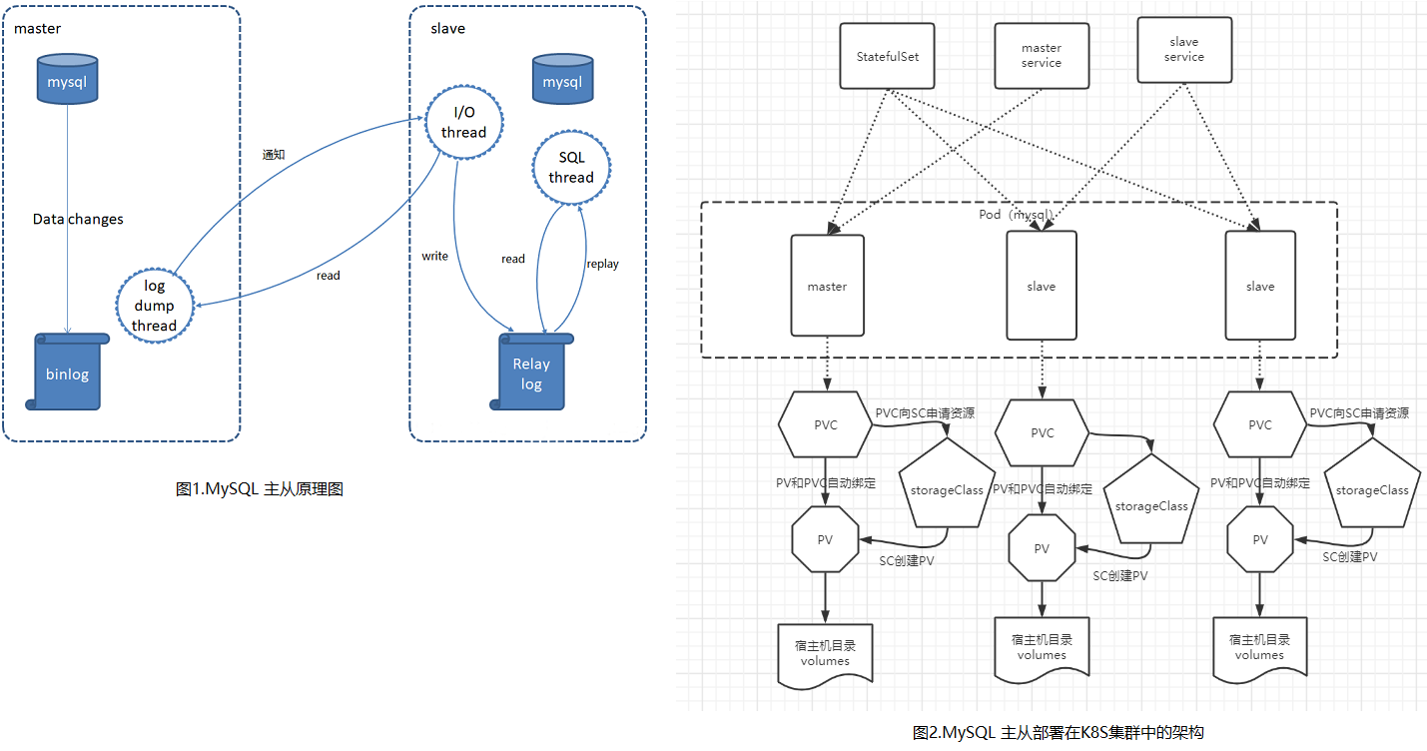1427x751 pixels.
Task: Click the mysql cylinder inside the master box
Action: point(67,79)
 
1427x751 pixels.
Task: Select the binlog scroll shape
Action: point(67,373)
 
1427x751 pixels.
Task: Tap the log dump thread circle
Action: point(154,306)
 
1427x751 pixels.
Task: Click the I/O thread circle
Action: point(463,123)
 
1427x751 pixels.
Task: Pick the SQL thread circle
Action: point(570,168)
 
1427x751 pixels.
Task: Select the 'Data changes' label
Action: point(78,219)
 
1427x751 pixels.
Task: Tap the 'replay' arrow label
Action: point(603,264)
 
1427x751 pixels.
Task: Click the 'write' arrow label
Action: point(434,257)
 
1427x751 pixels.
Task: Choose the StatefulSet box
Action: point(887,56)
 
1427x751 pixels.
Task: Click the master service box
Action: point(1042,56)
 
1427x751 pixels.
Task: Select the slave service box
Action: point(1184,50)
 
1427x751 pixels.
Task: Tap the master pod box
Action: point(827,286)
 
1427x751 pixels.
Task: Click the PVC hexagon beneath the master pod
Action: point(825,424)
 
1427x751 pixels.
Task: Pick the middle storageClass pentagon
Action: point(1151,501)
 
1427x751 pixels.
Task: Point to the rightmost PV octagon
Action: point(1259,539)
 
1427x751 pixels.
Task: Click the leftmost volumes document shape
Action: point(825,654)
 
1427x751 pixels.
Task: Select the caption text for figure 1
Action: point(260,489)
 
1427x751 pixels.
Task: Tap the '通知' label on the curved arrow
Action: point(274,155)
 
